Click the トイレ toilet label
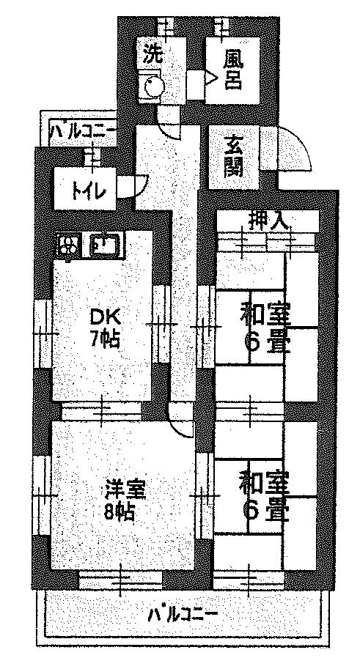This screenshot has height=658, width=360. pyautogui.click(x=87, y=192)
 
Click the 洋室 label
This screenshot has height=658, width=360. pyautogui.click(x=125, y=490)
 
